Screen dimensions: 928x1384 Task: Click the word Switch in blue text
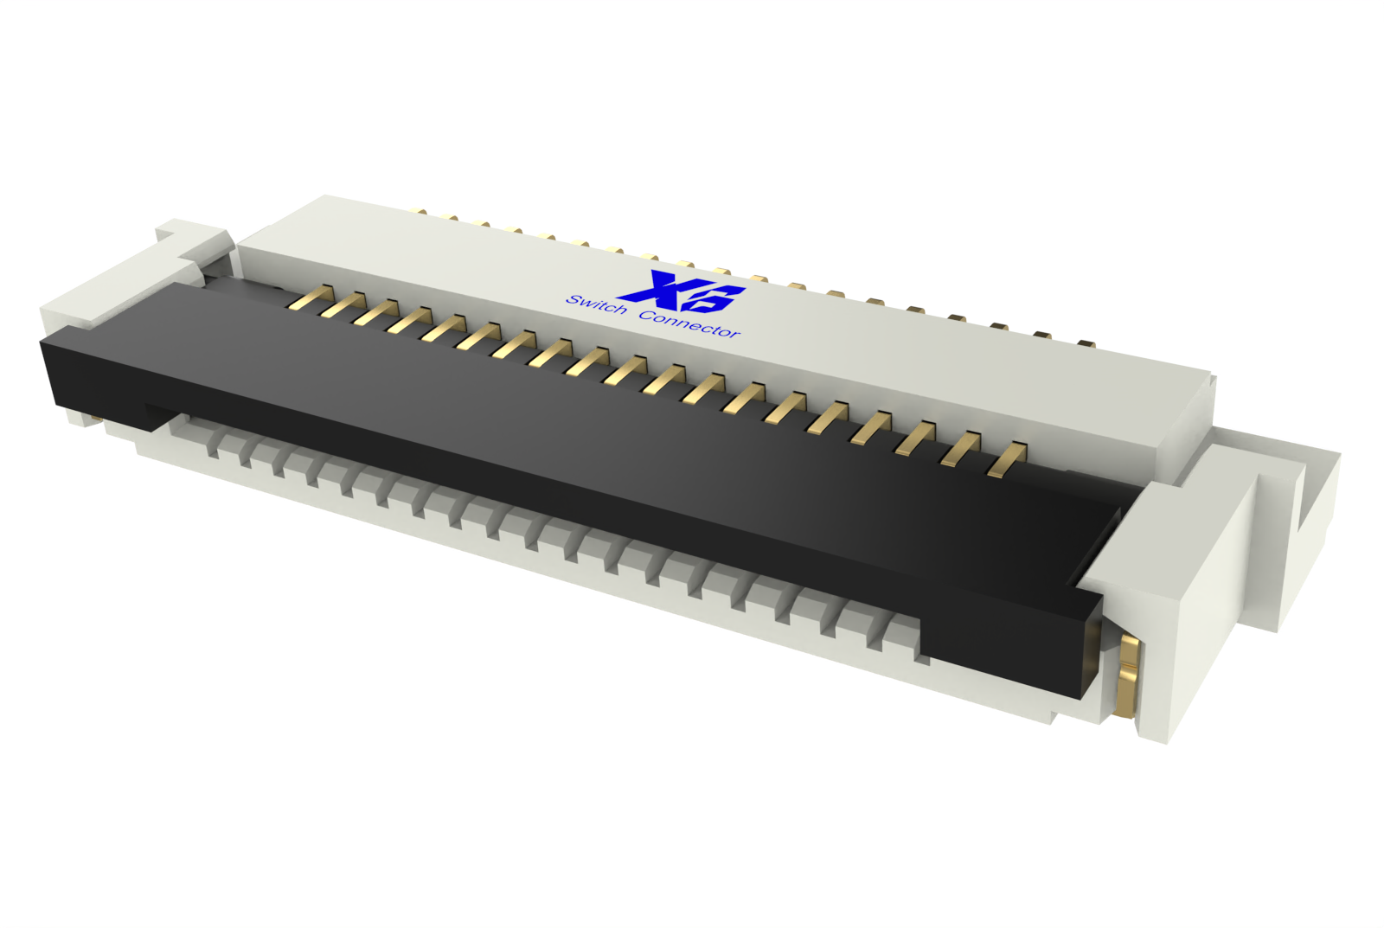tap(596, 305)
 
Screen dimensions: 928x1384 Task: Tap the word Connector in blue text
tap(689, 325)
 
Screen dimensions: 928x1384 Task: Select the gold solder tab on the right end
tap(1128, 675)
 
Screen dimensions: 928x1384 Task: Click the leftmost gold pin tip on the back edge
tap(420, 210)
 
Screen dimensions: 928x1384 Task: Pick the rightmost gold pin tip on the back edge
tap(1086, 343)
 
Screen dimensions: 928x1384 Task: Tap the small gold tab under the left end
tap(96, 422)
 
